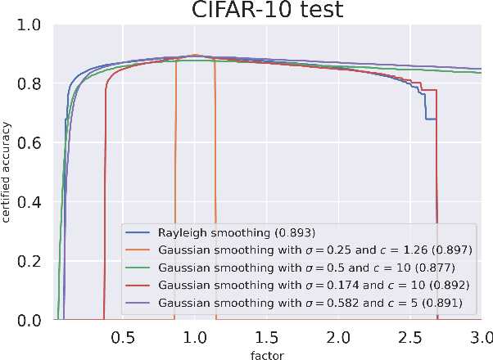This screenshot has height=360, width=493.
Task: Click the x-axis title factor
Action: point(267,353)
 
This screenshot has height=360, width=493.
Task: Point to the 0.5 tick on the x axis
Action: point(123,336)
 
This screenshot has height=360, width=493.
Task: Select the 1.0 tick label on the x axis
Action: point(194,336)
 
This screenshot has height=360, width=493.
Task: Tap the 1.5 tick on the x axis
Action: point(266,336)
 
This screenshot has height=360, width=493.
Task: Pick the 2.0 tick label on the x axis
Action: point(337,336)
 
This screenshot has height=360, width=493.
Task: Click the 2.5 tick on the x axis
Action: point(409,336)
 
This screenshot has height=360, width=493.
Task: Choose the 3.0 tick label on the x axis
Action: point(480,336)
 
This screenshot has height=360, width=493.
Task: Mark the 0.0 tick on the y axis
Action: point(37,321)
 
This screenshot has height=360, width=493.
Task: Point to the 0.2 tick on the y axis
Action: point(37,261)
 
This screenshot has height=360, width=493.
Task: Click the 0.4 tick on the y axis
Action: point(37,202)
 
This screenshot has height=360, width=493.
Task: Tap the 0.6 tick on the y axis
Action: point(37,143)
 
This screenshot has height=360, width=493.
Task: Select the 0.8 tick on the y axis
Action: point(37,83)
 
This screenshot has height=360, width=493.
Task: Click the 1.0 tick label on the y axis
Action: point(37,25)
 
